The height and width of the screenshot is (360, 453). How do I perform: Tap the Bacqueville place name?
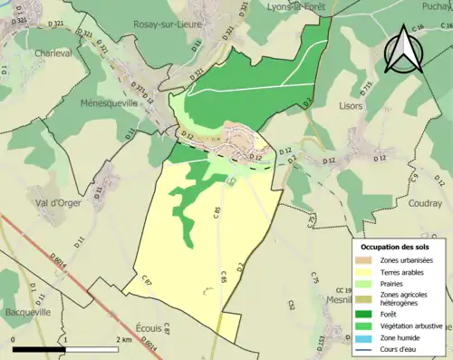(x=24, y=311)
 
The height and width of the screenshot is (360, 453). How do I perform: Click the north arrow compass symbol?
(x=404, y=50)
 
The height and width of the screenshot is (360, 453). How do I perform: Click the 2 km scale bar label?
(x=126, y=339)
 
